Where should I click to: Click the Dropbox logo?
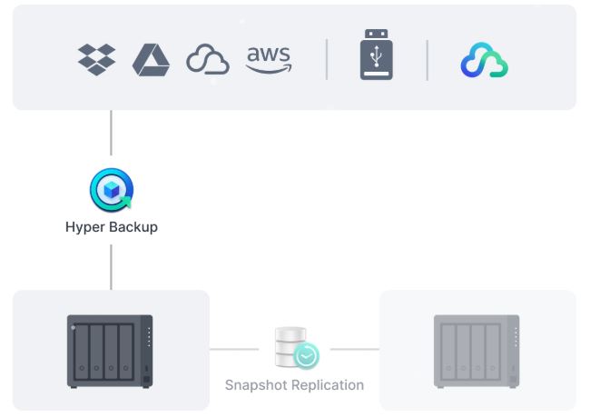coord(96,59)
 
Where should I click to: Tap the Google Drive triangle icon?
coord(151,59)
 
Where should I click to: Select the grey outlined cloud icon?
coord(208,60)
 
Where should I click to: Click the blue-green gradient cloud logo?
coord(484,60)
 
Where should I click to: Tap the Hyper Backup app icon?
coord(111,190)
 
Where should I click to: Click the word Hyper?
coord(84,227)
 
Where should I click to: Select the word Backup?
coord(133,227)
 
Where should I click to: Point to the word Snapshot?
coord(256,385)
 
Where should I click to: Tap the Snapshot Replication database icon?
coord(295,348)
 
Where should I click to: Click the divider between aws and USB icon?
coord(327,59)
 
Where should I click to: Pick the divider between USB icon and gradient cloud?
coord(427,59)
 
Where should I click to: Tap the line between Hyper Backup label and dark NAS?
coord(111,266)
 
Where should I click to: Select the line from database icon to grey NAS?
coord(354,348)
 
